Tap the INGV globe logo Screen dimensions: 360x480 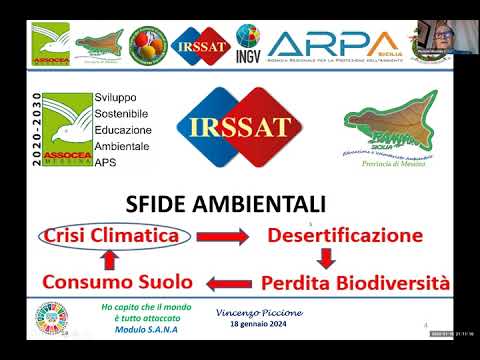click(x=248, y=43)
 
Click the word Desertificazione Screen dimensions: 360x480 click(x=345, y=236)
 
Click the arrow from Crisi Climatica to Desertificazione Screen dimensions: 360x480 click(x=222, y=237)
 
